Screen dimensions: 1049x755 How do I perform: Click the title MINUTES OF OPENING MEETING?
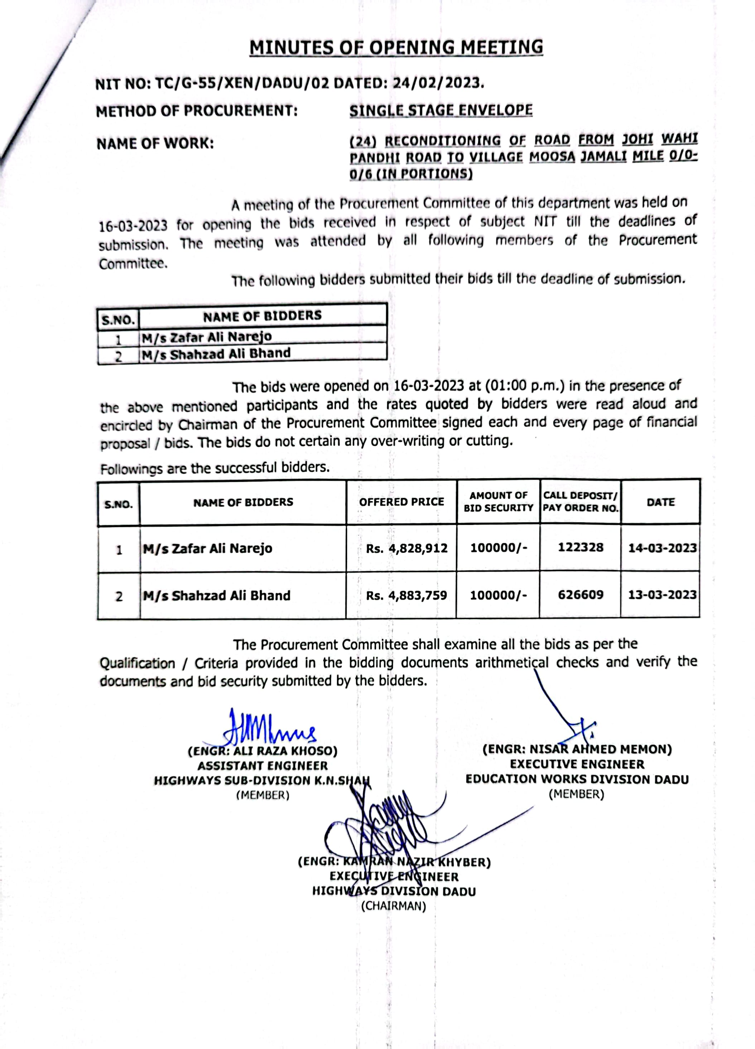(396, 48)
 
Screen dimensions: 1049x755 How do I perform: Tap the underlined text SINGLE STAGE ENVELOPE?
(441, 111)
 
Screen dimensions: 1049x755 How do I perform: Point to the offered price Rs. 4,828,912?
(407, 549)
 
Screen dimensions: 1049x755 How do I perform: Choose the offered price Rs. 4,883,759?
(407, 595)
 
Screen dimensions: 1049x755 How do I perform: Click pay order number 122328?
(580, 548)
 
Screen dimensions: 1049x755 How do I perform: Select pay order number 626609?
(580, 594)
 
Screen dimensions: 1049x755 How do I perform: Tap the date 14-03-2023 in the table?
(662, 548)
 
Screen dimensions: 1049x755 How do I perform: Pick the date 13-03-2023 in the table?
(662, 594)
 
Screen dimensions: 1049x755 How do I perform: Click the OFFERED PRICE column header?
(401, 502)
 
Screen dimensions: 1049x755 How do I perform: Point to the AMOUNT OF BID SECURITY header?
(499, 502)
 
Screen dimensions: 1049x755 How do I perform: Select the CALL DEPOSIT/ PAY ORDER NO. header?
(580, 502)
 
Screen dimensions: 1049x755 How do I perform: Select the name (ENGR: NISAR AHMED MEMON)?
(577, 749)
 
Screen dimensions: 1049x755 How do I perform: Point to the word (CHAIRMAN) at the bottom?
(394, 906)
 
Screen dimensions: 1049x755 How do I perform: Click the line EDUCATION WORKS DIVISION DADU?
(577, 779)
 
